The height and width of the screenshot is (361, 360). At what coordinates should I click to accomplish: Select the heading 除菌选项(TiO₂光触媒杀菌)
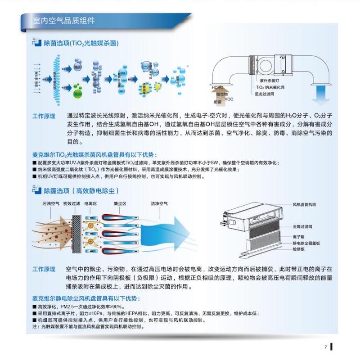[x=81, y=43]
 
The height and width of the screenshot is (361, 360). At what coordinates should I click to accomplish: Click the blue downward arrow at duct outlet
[x=322, y=94]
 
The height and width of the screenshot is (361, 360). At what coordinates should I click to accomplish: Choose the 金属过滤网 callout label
[x=302, y=228]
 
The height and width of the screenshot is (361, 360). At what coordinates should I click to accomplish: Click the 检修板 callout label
[x=299, y=249]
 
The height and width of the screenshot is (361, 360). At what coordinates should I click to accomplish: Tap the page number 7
[x=325, y=347]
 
